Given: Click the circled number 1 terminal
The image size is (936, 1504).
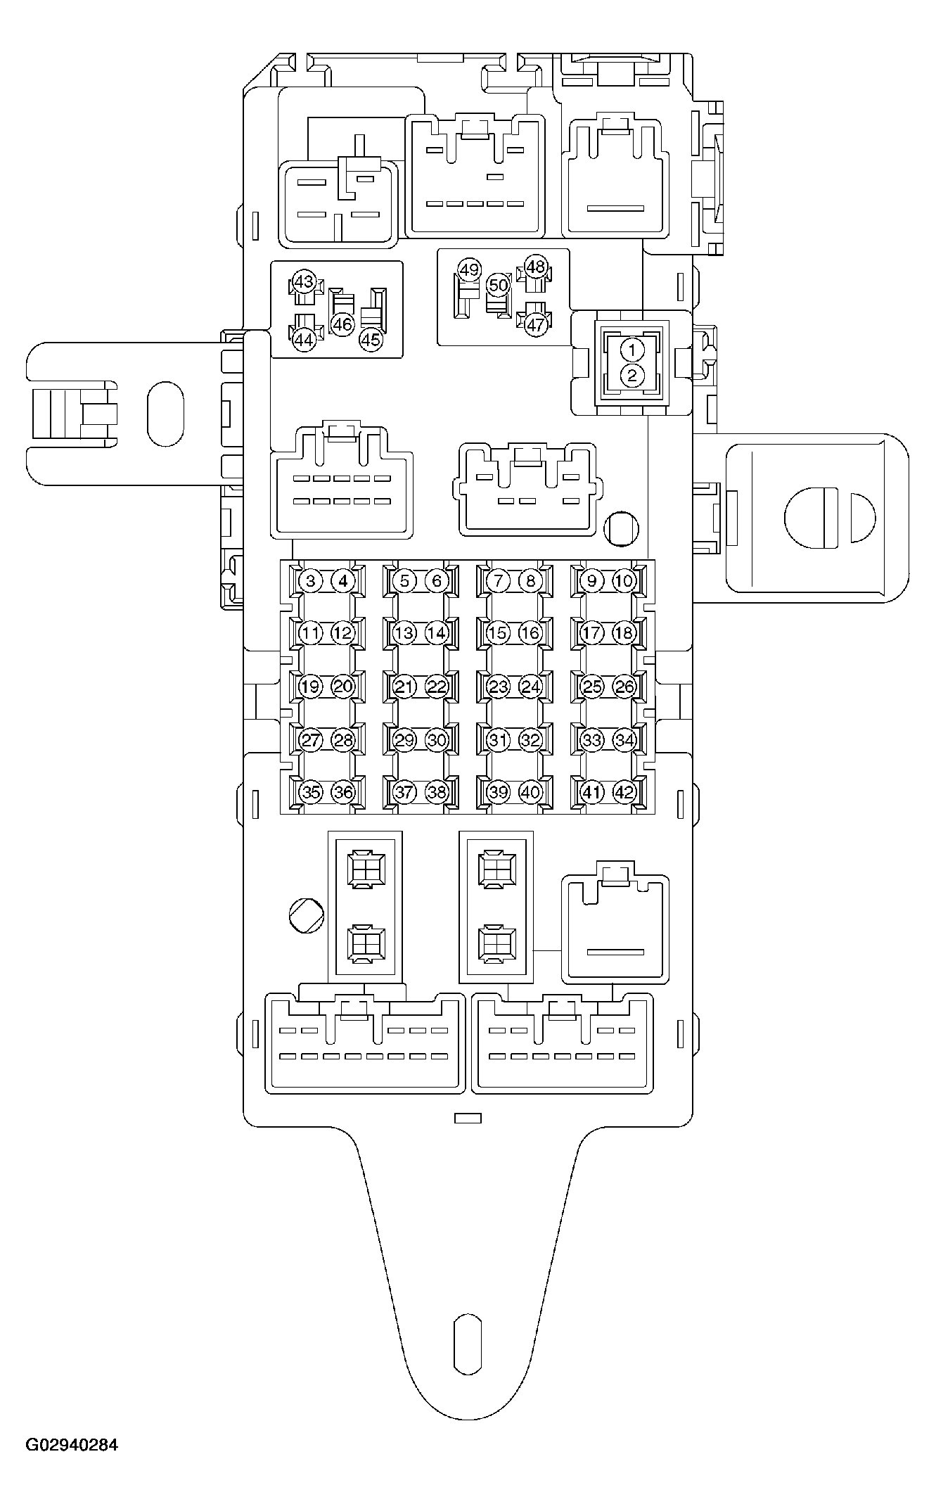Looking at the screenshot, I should coord(632,350).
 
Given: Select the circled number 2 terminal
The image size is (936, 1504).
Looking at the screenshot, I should coord(632,376).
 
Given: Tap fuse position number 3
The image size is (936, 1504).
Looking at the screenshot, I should coord(310,581).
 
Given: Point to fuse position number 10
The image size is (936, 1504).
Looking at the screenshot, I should coord(624,581).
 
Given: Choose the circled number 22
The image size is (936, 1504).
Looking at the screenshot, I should coord(437,687).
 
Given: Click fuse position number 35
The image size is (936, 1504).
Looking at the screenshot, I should coord(310,792).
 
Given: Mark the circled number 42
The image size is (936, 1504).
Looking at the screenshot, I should coord(624,792).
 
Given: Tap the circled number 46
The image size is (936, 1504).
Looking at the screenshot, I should coord(342,324).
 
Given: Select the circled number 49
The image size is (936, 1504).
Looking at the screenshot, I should coord(469,269).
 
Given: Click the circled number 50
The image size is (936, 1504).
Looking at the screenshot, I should coord(498,285).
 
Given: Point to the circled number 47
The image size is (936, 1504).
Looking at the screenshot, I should coord(536,324).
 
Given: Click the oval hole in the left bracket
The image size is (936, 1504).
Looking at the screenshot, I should coord(165,413).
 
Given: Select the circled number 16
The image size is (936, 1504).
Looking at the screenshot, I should coord(530,632).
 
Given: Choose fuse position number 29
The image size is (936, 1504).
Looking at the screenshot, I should coord(404,740).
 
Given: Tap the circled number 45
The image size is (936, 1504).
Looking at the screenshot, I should coord(370,340).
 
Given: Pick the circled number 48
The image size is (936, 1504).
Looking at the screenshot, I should coord(536,267).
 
